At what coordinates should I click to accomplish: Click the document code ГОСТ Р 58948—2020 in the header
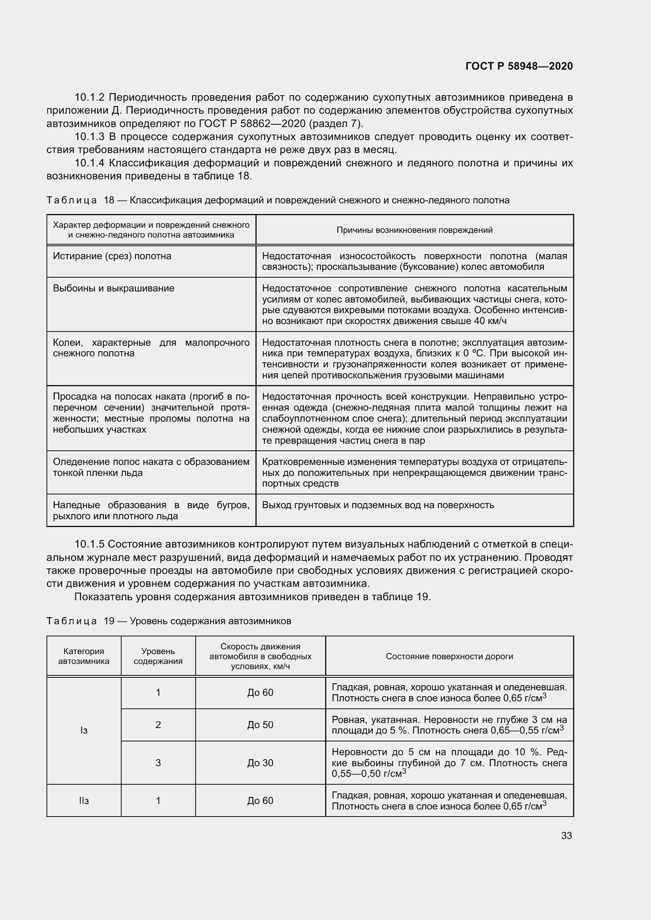pyautogui.click(x=519, y=66)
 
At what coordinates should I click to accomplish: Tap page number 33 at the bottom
pyautogui.click(x=566, y=835)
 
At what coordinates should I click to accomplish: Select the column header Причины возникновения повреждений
pyautogui.click(x=414, y=230)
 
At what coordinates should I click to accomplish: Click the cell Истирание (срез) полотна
pyautogui.click(x=112, y=256)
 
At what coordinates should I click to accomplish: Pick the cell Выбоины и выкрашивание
pyautogui.click(x=113, y=288)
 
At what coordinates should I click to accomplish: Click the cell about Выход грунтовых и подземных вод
pyautogui.click(x=378, y=505)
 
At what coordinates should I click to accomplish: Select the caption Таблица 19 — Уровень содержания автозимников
pyautogui.click(x=169, y=621)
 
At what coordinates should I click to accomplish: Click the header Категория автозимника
pyautogui.click(x=84, y=656)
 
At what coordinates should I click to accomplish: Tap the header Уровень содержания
pyautogui.click(x=158, y=656)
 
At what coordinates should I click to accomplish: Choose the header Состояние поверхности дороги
pyautogui.click(x=449, y=656)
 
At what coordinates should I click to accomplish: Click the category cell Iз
pyautogui.click(x=84, y=730)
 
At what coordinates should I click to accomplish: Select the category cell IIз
pyautogui.click(x=84, y=800)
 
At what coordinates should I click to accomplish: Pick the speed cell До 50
pyautogui.click(x=260, y=725)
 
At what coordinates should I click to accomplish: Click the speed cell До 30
pyautogui.click(x=260, y=763)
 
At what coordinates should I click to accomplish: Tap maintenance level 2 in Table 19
pyautogui.click(x=158, y=725)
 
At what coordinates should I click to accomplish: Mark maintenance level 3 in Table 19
pyautogui.click(x=158, y=763)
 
